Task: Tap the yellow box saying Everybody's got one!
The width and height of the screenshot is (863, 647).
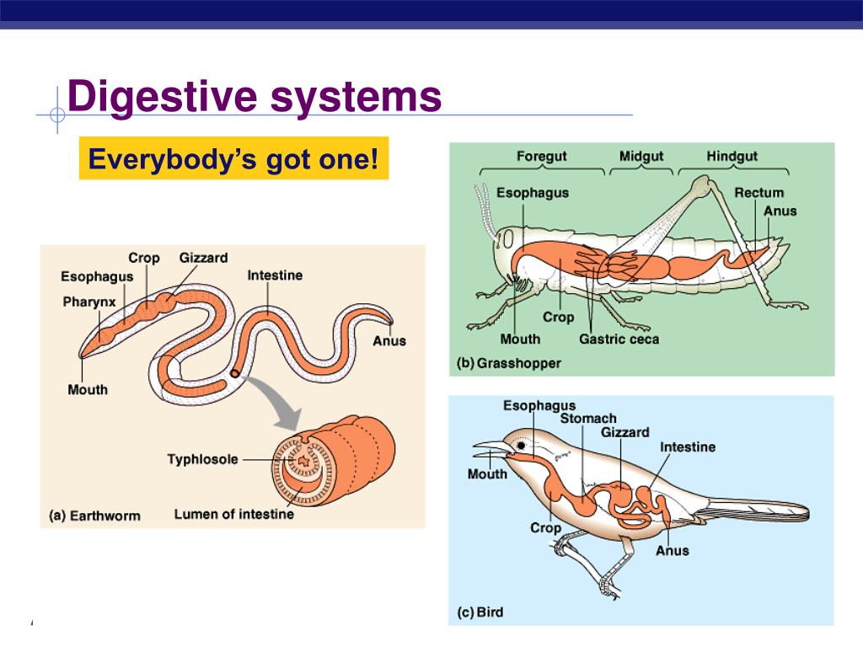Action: point(233,158)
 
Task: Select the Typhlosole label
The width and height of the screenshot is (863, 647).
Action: point(202,459)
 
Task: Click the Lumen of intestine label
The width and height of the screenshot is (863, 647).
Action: point(234,514)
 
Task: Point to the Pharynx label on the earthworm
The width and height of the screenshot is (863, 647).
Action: point(89,301)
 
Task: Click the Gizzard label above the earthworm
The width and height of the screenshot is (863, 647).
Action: point(203,258)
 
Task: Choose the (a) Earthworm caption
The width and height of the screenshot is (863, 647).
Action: point(94,515)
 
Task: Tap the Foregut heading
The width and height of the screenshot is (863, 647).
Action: point(541,156)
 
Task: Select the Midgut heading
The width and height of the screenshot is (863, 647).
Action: point(641,156)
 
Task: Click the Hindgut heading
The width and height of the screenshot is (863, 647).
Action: point(732,156)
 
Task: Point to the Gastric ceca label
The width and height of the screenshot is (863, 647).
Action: point(619,339)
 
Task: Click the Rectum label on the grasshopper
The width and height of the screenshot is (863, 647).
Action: point(758,193)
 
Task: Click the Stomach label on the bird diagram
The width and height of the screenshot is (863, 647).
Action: point(588,419)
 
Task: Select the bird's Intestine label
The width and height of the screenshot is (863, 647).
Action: point(688,446)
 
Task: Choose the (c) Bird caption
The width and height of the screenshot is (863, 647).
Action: point(480,612)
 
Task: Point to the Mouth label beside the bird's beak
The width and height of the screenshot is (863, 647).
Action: point(487,474)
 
